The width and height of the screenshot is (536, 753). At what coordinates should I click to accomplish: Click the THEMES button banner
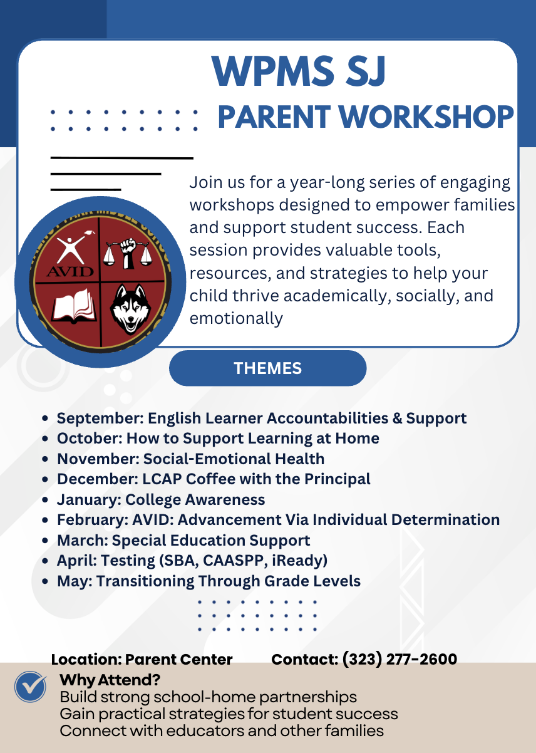(x=267, y=368)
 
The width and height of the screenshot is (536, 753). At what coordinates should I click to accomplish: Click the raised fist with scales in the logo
(x=127, y=253)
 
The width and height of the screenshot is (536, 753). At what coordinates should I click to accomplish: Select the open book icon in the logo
(x=74, y=306)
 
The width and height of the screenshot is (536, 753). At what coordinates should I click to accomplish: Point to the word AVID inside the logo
(x=70, y=271)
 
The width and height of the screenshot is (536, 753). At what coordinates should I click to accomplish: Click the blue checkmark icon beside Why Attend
(x=30, y=687)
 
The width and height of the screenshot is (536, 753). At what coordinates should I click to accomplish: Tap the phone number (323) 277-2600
(x=399, y=659)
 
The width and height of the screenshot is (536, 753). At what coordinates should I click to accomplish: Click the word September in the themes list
(x=100, y=418)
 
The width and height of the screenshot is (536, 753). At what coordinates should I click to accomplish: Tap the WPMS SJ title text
(x=299, y=71)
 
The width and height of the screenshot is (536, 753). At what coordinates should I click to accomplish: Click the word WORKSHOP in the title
(x=426, y=117)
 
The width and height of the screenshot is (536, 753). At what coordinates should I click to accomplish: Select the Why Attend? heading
(x=110, y=680)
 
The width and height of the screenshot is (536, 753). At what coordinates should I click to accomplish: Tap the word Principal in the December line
(x=337, y=479)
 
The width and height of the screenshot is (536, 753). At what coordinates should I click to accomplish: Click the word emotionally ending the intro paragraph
(x=236, y=318)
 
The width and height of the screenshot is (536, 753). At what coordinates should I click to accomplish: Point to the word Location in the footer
(x=86, y=660)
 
